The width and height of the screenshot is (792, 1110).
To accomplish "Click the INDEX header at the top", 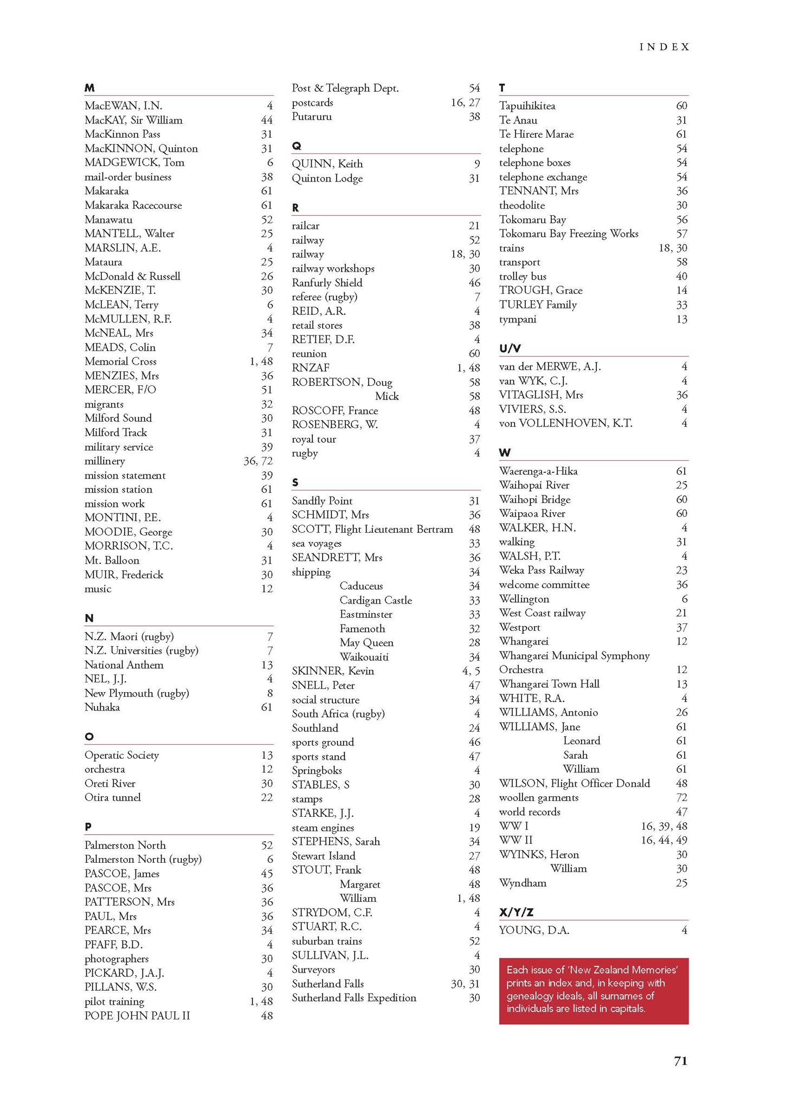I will [x=664, y=47].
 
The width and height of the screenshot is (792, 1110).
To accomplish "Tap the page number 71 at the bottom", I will [x=680, y=1061].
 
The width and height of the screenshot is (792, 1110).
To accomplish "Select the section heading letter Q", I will [x=296, y=146].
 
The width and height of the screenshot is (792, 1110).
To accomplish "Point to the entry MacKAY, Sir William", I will [x=133, y=120].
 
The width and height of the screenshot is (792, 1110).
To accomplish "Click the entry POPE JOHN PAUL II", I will [x=137, y=1015].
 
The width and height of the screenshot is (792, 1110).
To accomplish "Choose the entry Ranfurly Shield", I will [x=327, y=282].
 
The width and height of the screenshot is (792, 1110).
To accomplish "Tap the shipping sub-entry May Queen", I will [x=366, y=642].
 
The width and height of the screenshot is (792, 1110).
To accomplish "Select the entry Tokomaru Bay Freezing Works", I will [x=569, y=234].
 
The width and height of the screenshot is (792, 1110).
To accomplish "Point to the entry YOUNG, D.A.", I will [x=534, y=930].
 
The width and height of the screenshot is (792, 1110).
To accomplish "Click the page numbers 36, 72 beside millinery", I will [x=258, y=461].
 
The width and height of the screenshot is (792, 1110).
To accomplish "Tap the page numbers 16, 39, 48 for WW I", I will [x=664, y=825].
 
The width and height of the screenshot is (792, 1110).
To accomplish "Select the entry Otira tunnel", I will [x=112, y=797].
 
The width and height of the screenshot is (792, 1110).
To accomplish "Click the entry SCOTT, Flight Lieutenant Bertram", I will [x=372, y=529].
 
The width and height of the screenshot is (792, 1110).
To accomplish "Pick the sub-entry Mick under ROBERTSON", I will [x=387, y=396].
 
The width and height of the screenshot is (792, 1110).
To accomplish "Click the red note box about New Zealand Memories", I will [x=594, y=991].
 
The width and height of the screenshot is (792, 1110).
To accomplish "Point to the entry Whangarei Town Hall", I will [x=549, y=683].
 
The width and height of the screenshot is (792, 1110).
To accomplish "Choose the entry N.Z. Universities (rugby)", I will [x=141, y=650].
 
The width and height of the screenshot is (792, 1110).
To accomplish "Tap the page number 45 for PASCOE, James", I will [x=267, y=873].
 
